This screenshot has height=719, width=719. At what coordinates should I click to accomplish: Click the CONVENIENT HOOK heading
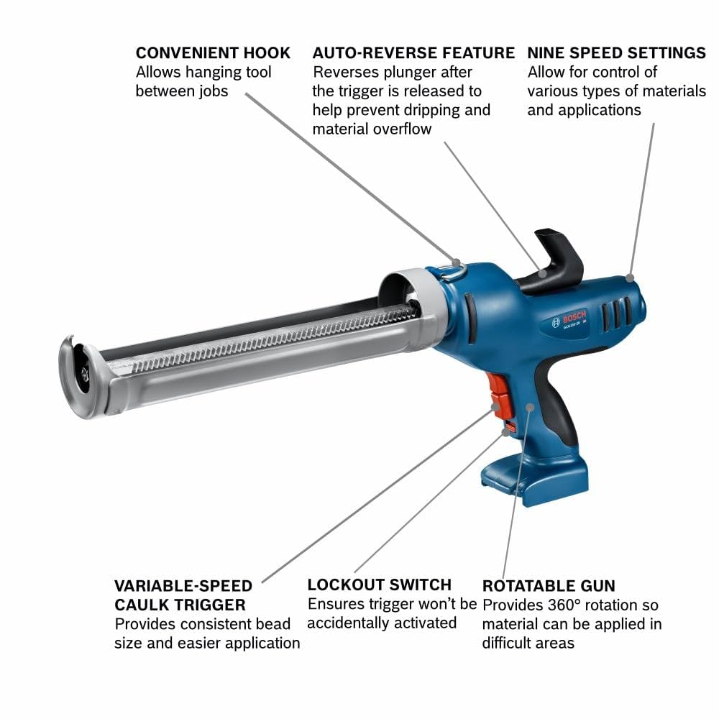click(x=213, y=53)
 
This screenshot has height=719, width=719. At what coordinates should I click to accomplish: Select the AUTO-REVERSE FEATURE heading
click(x=413, y=53)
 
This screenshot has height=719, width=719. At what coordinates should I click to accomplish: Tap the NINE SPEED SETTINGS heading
click(x=616, y=53)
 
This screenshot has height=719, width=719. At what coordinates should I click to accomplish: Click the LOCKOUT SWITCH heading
click(x=379, y=584)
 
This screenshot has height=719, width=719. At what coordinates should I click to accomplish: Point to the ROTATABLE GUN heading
click(x=549, y=585)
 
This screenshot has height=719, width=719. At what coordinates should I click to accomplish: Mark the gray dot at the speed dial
click(x=629, y=277)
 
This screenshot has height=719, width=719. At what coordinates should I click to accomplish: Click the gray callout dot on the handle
click(x=530, y=407)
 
